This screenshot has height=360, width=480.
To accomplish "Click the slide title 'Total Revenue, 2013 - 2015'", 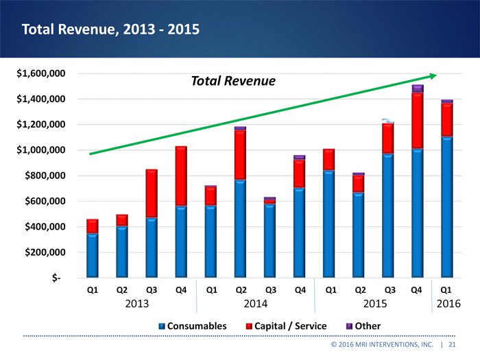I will click(x=110, y=29).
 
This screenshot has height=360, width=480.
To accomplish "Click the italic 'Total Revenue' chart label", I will click(x=232, y=82).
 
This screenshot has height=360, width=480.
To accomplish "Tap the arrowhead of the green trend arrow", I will click(x=432, y=75).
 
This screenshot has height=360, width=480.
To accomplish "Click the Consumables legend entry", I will click(x=193, y=326).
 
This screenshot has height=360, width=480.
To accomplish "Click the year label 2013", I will click(x=136, y=303).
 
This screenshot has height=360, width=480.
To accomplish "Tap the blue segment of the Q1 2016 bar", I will click(x=446, y=206).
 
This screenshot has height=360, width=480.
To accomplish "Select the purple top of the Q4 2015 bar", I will click(x=417, y=88).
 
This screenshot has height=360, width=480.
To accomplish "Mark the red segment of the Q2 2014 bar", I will click(x=240, y=154).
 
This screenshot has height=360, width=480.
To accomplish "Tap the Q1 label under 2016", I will click(x=446, y=289).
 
